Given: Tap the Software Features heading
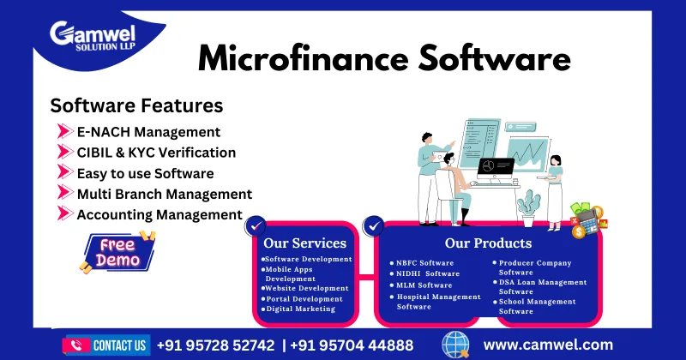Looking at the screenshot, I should (136, 105).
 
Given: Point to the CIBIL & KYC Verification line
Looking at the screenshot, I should (157, 153).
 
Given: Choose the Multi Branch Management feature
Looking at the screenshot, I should (165, 195).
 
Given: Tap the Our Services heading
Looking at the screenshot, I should (305, 243).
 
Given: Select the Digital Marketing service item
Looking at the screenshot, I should (300, 309).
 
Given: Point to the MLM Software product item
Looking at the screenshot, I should (424, 285).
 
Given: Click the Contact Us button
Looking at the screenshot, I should (107, 345).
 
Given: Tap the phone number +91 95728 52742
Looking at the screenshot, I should (215, 345).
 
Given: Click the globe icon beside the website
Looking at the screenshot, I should (455, 345).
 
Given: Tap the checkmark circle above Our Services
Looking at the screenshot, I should (255, 226).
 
